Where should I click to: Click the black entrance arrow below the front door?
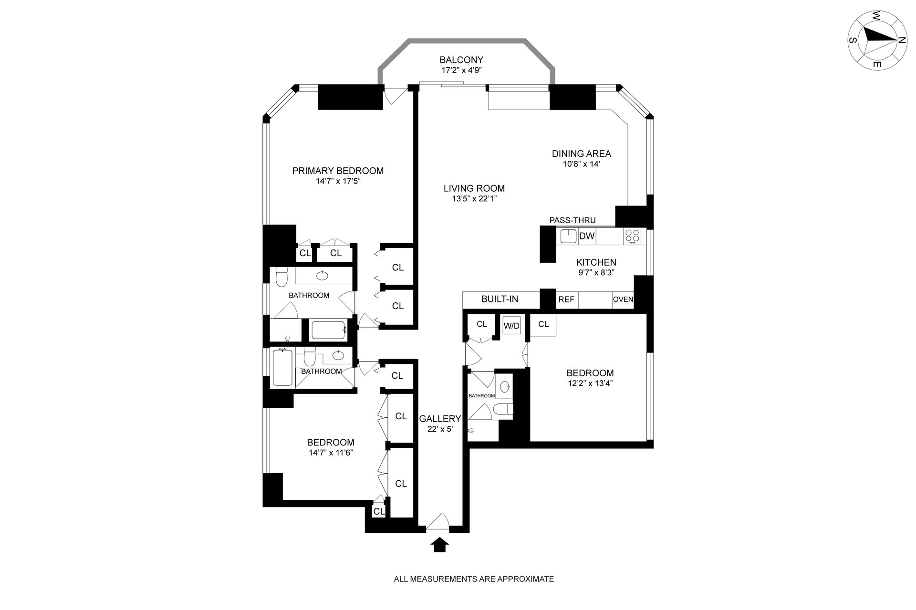[440, 545]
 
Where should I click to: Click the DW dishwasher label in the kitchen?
[587, 236]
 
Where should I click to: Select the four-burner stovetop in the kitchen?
[633, 236]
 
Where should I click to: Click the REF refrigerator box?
[566, 300]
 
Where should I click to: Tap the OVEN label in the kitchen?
[623, 300]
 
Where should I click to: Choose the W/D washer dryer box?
[512, 326]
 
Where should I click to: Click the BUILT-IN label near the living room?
[500, 300]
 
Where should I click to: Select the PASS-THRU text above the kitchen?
[572, 220]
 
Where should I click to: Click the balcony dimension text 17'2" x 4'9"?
[461, 70]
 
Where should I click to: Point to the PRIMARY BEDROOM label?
[338, 171]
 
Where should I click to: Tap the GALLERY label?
[440, 419]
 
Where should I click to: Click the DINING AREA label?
[582, 154]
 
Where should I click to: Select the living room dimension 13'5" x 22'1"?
[474, 199]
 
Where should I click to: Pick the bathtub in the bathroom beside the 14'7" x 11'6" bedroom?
[283, 367]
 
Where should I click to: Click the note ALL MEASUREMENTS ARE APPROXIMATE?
[474, 579]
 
